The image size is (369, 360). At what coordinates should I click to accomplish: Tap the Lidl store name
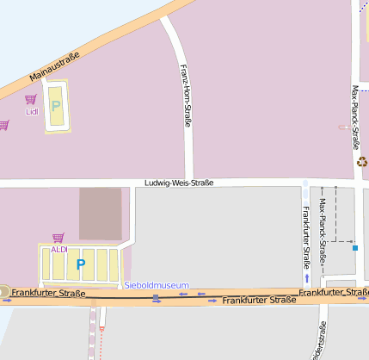32,111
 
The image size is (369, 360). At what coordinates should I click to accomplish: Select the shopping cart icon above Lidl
31,100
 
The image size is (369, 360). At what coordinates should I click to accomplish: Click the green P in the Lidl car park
56,107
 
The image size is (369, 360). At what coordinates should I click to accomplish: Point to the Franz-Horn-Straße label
185,96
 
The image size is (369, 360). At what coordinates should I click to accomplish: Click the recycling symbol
362,160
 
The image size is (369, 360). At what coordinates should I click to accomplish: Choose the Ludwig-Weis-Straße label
179,183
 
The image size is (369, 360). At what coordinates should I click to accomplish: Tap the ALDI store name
58,249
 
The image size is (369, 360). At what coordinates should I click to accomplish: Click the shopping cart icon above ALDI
58,238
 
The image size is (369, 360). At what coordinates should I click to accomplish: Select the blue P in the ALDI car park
81,264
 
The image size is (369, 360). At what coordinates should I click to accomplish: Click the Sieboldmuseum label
156,285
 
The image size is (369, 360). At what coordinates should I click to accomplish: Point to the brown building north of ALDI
101,214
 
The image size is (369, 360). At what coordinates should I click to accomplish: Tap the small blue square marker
354,248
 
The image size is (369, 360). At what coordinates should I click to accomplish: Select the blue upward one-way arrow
306,278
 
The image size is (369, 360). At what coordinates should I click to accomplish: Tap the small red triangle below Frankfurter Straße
101,328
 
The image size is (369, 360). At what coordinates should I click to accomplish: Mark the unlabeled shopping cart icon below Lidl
3,125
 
